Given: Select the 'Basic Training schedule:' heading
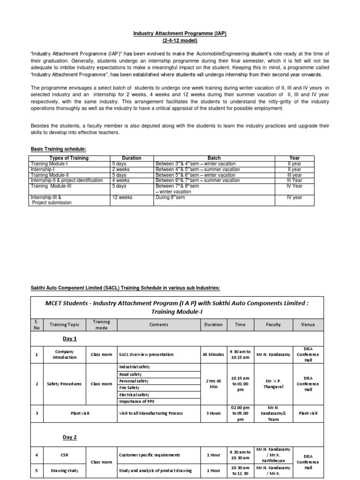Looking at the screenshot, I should (x=59, y=149).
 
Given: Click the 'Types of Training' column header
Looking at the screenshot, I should (x=69, y=158).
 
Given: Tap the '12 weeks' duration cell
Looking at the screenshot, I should (x=122, y=197).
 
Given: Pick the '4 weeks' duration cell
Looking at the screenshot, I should (x=120, y=180).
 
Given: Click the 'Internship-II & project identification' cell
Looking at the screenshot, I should (x=67, y=180).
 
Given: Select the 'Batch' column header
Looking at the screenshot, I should (x=214, y=158).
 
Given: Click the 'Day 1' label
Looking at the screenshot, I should (x=69, y=338).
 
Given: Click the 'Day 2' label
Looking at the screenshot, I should (x=69, y=437).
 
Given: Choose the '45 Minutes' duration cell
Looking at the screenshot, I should (x=213, y=355).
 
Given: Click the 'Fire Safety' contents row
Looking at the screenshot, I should (x=130, y=388).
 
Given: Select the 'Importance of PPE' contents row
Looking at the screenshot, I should (x=136, y=402).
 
